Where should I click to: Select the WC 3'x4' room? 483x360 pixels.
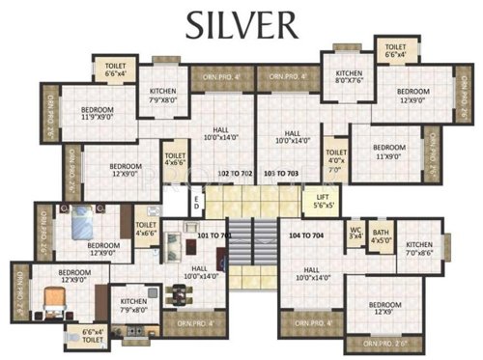(355, 233)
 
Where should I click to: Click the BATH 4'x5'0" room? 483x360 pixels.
(381, 235)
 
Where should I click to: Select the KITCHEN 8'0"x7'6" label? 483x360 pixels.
(347, 78)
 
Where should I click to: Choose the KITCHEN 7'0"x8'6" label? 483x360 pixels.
(419, 252)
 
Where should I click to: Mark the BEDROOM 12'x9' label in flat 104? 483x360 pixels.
(384, 309)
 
